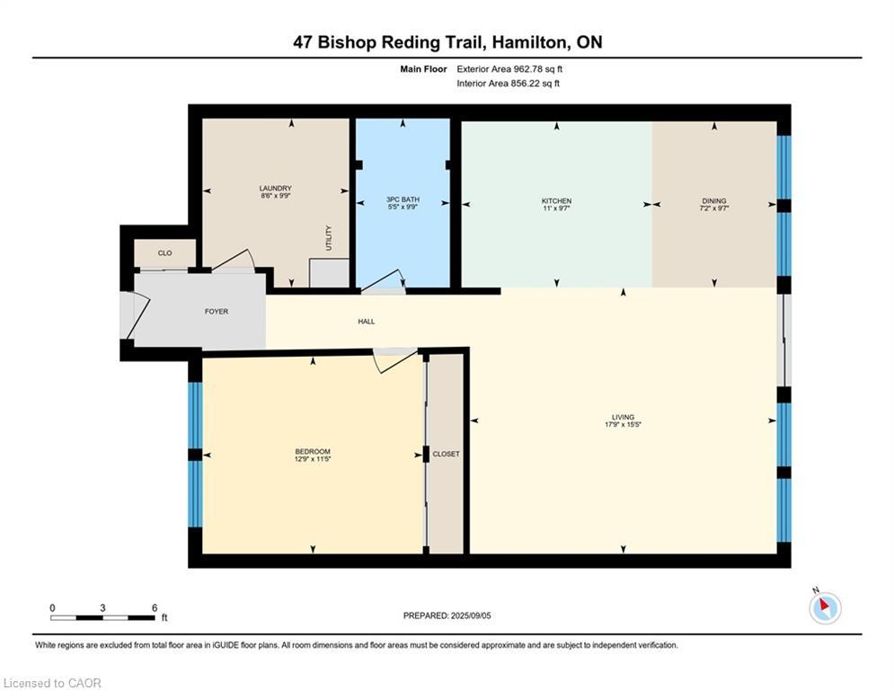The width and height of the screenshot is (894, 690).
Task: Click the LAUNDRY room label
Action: [275, 189]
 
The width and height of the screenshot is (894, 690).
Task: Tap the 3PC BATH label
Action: [403, 199]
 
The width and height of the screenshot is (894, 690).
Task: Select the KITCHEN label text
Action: [556, 200]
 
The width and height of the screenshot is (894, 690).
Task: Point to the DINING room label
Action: [714, 200]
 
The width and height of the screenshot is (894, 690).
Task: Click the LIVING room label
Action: [623, 417]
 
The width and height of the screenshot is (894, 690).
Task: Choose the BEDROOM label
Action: [313, 451]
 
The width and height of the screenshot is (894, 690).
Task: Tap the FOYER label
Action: [217, 312]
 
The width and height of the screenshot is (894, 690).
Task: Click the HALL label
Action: [366, 321]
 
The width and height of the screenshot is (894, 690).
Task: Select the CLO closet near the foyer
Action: [164, 253]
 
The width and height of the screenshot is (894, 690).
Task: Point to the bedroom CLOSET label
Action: [446, 454]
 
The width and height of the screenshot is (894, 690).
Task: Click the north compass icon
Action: [824, 607]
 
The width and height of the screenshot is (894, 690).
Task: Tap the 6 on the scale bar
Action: [155, 607]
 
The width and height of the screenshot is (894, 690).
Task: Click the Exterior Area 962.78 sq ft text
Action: [509, 68]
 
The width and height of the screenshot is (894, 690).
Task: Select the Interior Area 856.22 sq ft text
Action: [509, 84]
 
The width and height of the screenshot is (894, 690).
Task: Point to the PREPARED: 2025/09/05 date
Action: [447, 615]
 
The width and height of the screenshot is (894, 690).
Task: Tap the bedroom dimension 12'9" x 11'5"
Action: [313, 459]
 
